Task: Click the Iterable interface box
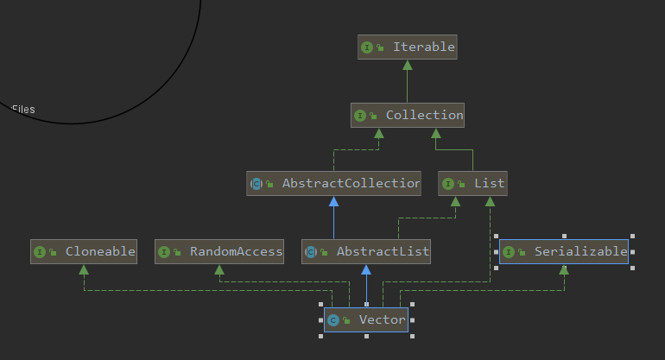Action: pyautogui.click(x=407, y=47)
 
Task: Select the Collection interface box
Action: pyautogui.click(x=407, y=116)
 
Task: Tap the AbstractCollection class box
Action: pyautogui.click(x=333, y=184)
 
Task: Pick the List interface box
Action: pyautogui.click(x=472, y=184)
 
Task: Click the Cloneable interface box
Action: pyautogui.click(x=84, y=252)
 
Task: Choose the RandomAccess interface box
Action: pyautogui.click(x=219, y=252)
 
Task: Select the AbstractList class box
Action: pyautogui.click(x=366, y=252)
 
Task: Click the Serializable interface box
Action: pyautogui.click(x=564, y=252)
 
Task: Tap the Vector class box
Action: pyautogui.click(x=366, y=320)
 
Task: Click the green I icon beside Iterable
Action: pyautogui.click(x=367, y=47)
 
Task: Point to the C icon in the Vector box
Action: pyautogui.click(x=333, y=320)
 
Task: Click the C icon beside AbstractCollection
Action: pyautogui.click(x=256, y=184)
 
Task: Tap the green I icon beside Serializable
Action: pyautogui.click(x=509, y=252)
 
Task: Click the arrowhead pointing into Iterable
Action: pyautogui.click(x=407, y=65)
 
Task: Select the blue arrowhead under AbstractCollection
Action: pyautogui.click(x=333, y=201)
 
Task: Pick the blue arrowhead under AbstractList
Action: pyautogui.click(x=366, y=269)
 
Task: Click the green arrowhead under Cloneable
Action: pyautogui.click(x=84, y=269)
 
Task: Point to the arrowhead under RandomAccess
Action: pyautogui.click(x=219, y=269)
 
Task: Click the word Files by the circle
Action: pyautogui.click(x=23, y=110)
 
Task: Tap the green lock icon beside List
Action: pyautogui.click(x=461, y=184)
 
